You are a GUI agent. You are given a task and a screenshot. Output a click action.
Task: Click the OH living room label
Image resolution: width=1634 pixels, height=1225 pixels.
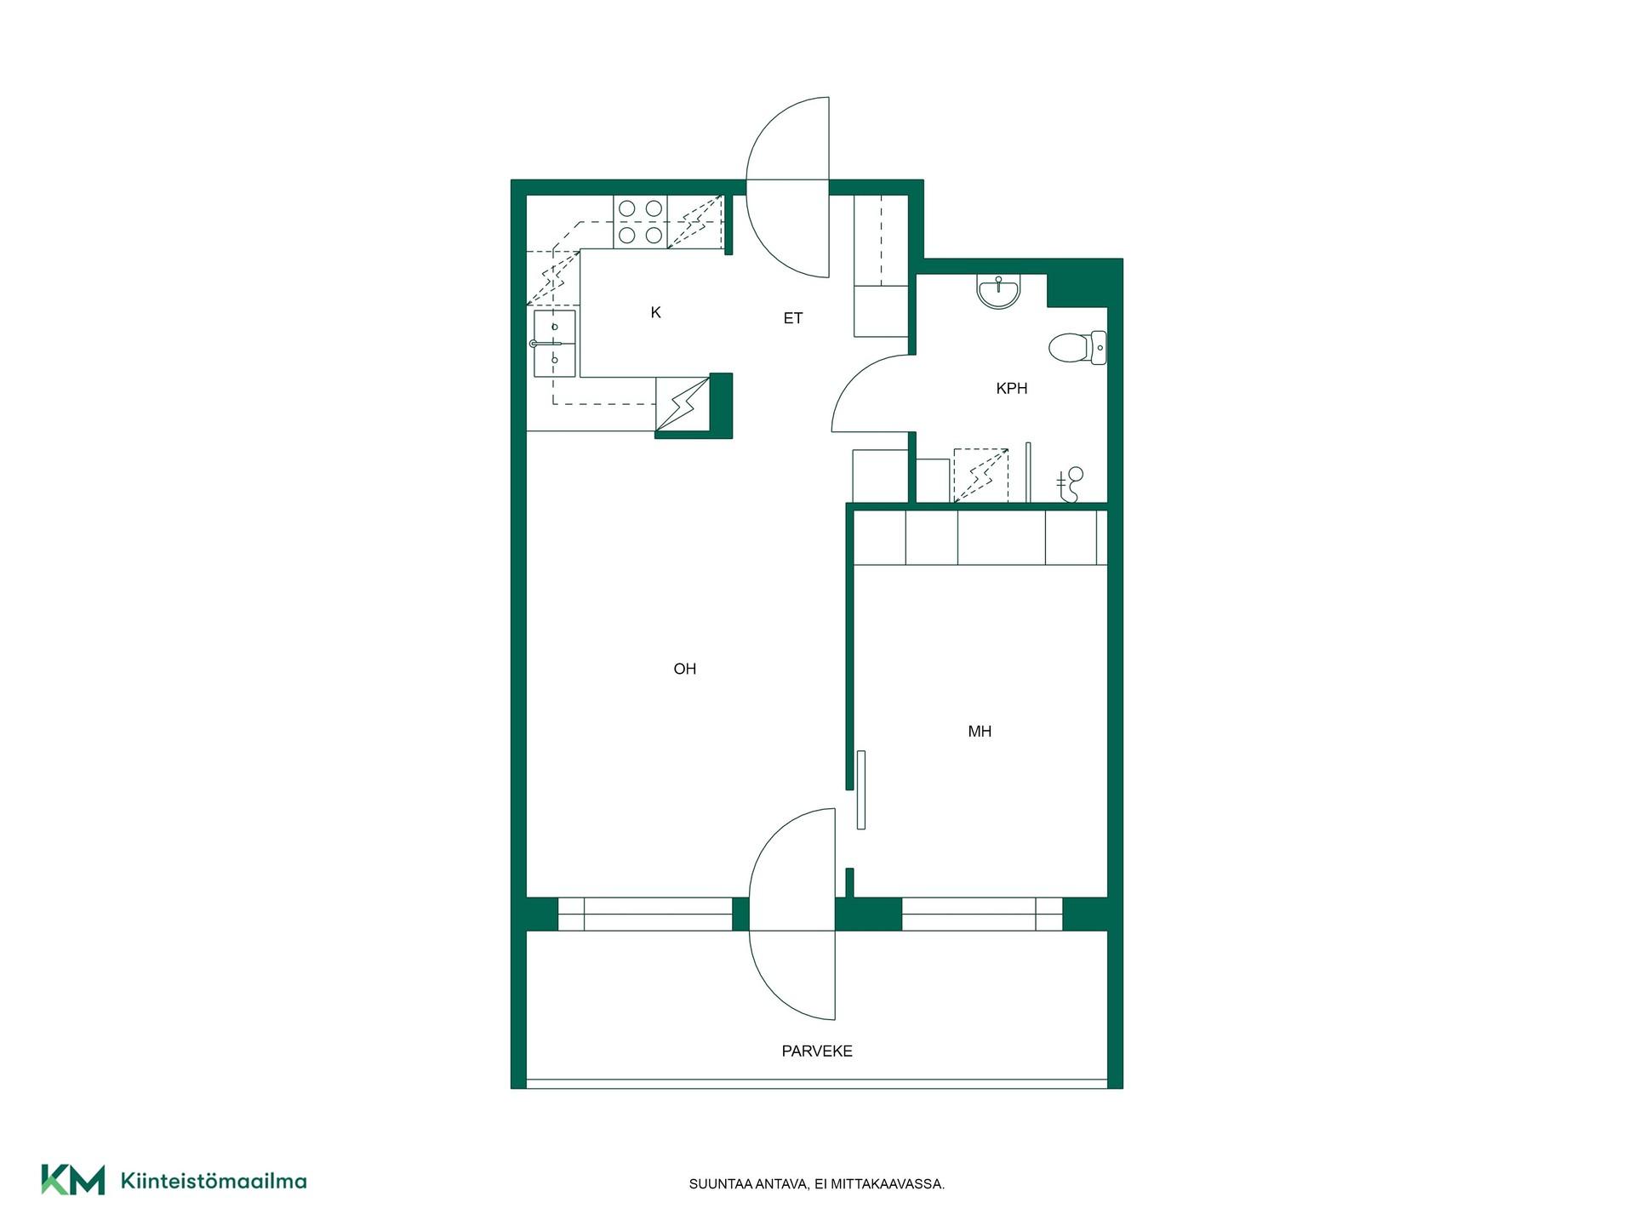coord(684,669)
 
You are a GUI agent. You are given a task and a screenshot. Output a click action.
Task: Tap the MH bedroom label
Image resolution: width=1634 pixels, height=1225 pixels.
coord(980,732)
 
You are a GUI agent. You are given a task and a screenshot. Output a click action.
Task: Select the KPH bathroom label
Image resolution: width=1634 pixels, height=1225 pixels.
coord(1012,389)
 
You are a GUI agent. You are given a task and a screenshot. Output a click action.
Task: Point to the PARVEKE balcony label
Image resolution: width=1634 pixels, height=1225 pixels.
coord(817,1051)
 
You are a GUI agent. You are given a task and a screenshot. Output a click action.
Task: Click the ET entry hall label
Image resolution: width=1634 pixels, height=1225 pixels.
coord(793,319)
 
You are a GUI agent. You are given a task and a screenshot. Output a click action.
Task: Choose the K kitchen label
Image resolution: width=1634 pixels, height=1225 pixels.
coord(655,313)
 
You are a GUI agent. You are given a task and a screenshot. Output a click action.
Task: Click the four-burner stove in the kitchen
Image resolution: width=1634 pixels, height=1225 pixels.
coord(640,222)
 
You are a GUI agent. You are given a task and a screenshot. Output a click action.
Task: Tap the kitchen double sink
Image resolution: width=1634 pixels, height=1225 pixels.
coord(554,344)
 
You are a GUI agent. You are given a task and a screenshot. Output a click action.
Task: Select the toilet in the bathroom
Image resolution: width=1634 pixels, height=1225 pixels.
coord(1077,348)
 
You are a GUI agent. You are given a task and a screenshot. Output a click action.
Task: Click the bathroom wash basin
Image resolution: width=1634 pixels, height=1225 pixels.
coord(998,291)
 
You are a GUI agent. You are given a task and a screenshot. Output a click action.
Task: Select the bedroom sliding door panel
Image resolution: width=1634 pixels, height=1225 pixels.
coord(861,789)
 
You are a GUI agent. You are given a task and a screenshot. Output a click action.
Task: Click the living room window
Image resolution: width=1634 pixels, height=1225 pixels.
coord(645,914)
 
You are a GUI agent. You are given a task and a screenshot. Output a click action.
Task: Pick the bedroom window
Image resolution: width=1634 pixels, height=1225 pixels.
coord(982,914)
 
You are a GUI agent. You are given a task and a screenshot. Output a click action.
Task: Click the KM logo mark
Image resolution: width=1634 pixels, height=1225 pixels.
coord(73,1180)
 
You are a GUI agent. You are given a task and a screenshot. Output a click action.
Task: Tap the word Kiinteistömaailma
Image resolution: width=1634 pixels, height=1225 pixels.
coord(214,1181)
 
